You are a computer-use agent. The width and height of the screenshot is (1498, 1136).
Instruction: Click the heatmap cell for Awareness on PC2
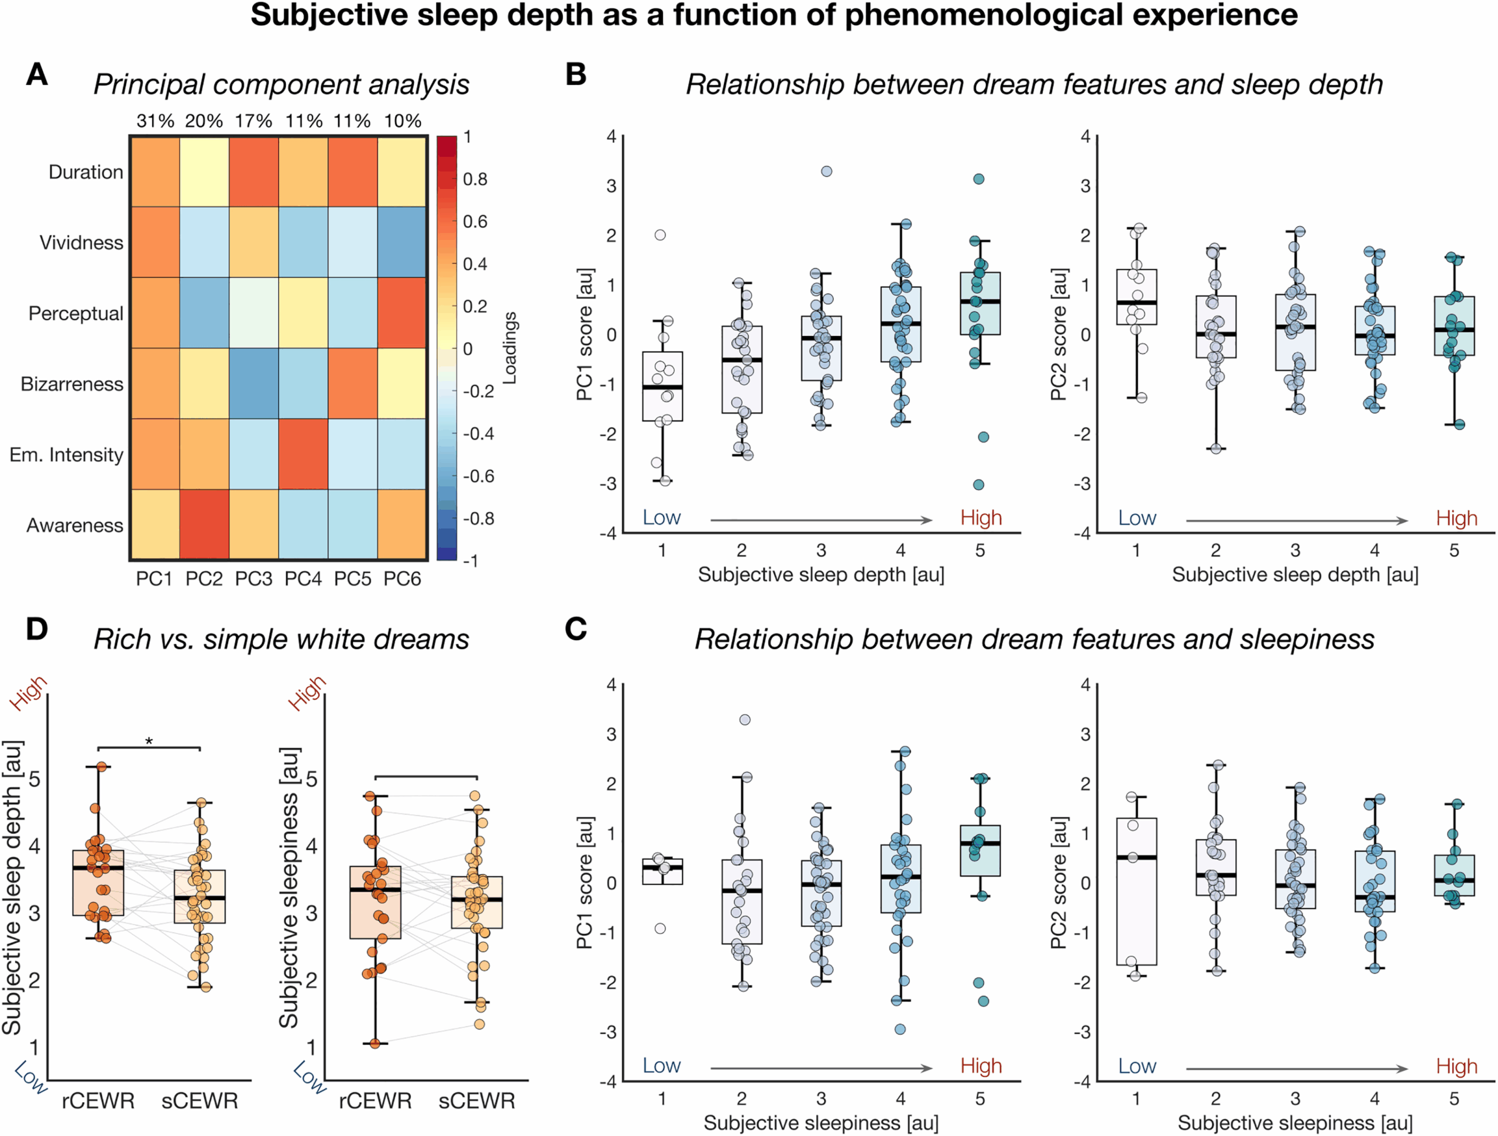pos(204,524)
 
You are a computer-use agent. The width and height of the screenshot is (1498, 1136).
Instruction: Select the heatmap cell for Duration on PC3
pos(253,171)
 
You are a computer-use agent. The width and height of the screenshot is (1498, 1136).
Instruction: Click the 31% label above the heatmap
pos(155,121)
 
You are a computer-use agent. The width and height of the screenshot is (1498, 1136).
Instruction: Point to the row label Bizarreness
pos(72,384)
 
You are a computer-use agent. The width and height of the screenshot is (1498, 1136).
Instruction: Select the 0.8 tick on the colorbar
pos(475,180)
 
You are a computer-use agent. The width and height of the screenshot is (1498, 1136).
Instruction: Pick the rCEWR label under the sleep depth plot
pos(98,1101)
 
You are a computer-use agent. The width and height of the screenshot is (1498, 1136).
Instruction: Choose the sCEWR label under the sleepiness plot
pos(477,1101)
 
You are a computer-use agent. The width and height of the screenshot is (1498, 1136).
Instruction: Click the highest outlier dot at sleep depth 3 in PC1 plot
pos(826,171)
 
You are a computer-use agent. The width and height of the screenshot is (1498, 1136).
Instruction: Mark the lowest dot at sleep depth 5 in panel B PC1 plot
pos(978,485)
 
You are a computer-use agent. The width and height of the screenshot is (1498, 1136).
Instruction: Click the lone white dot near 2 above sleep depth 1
pos(660,235)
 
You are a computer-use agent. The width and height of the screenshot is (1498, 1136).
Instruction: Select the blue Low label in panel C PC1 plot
pos(661,1066)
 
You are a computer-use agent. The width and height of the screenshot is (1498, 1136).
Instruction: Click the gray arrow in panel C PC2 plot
pos(1297,1069)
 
